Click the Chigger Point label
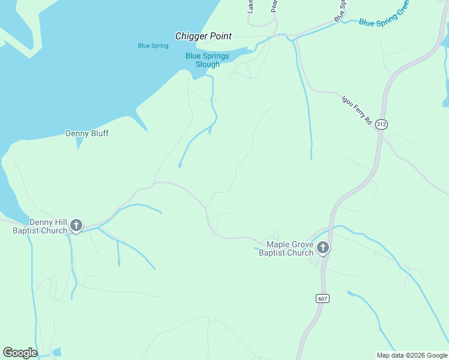pyautogui.click(x=203, y=37)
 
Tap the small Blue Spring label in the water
pyautogui.click(x=153, y=46)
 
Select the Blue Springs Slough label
pyautogui.click(x=207, y=60)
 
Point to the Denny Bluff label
pyautogui.click(x=87, y=133)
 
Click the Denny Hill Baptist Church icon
pyautogui.click(x=76, y=226)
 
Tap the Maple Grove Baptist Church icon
pyautogui.click(x=323, y=248)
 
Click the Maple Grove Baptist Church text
pyautogui.click(x=286, y=248)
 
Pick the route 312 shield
pyautogui.click(x=382, y=124)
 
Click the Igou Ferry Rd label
pyautogui.click(x=357, y=110)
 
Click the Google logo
pyautogui.click(x=20, y=353)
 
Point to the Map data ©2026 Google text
pyautogui.click(x=412, y=355)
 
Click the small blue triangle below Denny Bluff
pyautogui.click(x=80, y=144)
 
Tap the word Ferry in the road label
pyautogui.click(x=358, y=111)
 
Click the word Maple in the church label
pyautogui.click(x=278, y=244)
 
